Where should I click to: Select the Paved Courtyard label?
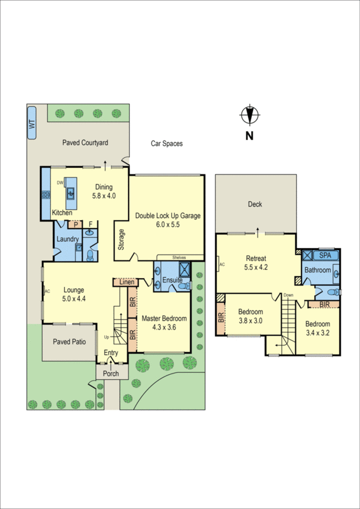pos(85,143)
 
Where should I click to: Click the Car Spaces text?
pos(167,144)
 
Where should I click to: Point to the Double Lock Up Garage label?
pos(168,216)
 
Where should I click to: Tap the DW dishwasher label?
pos(60,183)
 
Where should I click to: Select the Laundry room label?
pos(67,239)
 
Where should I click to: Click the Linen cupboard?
pos(125,281)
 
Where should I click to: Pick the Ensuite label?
pos(172,280)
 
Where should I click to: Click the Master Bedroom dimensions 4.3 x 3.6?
pos(164,327)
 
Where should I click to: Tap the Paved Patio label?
pos(69,342)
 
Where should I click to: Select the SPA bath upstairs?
pos(325,255)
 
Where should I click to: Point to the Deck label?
pos(254,204)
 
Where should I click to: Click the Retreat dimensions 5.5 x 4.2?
pos(256,267)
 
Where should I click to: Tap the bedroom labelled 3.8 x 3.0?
pos(250,316)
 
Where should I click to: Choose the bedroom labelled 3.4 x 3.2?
pos(318,328)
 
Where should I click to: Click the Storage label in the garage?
pos(121,239)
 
